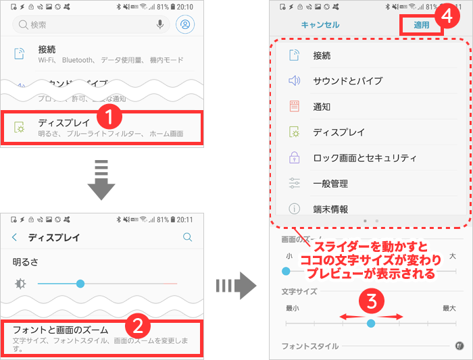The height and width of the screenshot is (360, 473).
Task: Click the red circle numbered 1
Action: (109, 116)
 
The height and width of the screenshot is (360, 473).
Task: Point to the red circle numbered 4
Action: (445, 17)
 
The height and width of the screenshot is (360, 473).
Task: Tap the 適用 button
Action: (422, 26)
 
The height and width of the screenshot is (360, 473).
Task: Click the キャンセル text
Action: (320, 25)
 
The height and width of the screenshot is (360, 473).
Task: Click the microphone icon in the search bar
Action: (160, 24)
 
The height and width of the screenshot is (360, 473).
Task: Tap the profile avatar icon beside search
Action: (184, 24)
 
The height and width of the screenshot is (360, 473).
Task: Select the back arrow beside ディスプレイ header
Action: (15, 237)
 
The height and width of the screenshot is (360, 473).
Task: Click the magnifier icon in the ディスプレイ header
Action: (188, 237)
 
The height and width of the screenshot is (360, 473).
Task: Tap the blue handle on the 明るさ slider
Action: (80, 283)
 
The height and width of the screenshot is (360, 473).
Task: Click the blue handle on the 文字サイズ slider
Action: (370, 324)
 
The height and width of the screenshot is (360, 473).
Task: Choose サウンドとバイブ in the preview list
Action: (347, 81)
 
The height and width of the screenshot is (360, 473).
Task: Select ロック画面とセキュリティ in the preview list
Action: (364, 158)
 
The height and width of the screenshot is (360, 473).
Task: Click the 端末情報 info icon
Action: (294, 209)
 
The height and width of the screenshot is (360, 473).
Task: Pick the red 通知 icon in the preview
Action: (294, 107)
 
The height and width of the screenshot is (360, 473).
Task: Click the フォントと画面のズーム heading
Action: (70, 330)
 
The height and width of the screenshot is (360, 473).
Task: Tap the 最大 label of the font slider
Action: (449, 308)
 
